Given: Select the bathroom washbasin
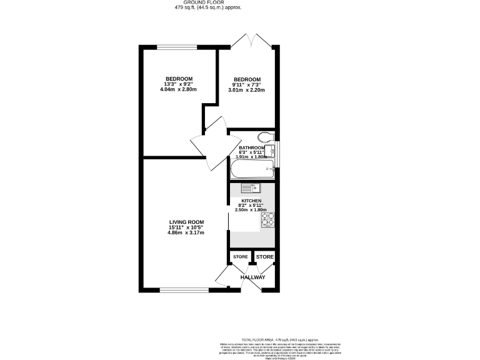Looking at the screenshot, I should pos(269,151).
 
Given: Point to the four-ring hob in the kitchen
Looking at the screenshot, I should pos(268,219).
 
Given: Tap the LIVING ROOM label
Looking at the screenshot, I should pos(186,222).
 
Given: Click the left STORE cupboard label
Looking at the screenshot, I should pos(240,257).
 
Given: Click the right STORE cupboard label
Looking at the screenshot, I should pos(264,257).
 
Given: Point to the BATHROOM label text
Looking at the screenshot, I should pos(251,148).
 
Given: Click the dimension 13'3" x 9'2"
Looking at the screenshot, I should pos(178,84).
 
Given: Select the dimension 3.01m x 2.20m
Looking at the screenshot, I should pos(246,91).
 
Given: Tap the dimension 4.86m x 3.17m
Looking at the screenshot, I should pos(186,233).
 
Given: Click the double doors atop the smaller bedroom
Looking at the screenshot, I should pos(251,41).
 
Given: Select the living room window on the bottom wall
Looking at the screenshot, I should pos(184,289).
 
